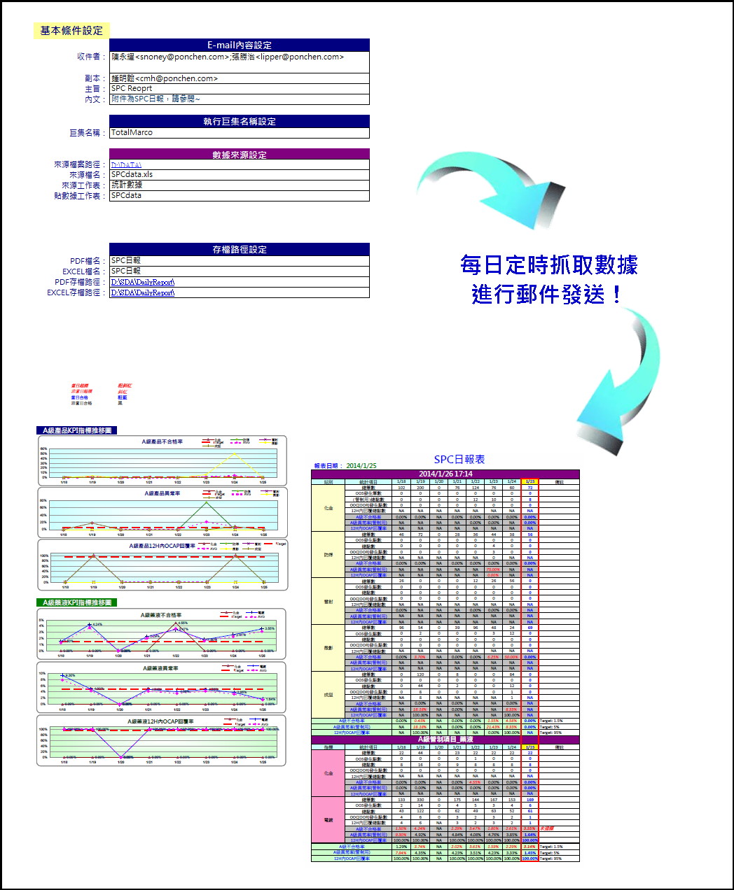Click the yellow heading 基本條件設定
pos(71,31)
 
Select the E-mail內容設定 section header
pos(239,45)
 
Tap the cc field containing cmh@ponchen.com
pos(239,78)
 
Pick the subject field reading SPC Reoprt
pos(239,89)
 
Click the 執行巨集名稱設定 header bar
pos(239,121)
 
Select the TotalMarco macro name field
pos(239,132)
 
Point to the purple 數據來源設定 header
pos(239,155)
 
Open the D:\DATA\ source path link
pos(126,165)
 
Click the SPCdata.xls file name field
pos(239,175)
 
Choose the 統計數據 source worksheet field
pos(239,185)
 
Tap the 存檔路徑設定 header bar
pos(239,249)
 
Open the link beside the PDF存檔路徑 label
pos(143,282)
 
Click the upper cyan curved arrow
pos(490,189)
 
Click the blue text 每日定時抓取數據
pos(548,265)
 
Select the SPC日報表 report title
pos(459,459)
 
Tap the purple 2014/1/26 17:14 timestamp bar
pos(445,474)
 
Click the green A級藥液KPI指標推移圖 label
pos(77,602)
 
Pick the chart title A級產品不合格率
pos(162,442)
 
